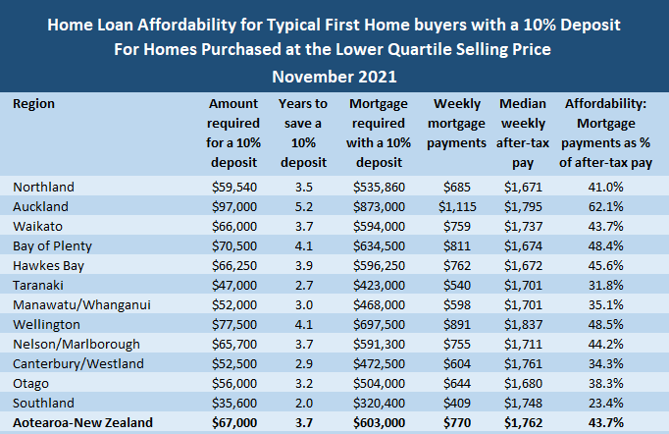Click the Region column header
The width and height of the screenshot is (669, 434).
[x=34, y=103]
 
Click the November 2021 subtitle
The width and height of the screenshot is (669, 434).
[x=334, y=75]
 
